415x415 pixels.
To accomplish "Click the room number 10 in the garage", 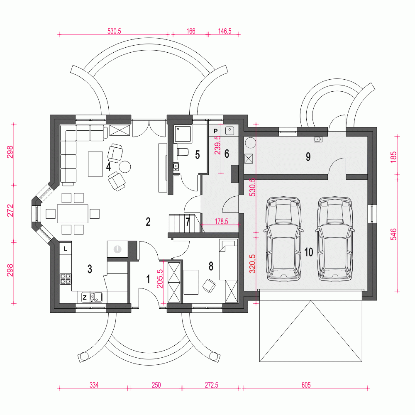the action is [x=309, y=252].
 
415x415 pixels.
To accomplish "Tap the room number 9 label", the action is [x=308, y=157].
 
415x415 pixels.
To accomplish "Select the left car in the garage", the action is [x=283, y=239].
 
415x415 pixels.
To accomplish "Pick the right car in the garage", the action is [x=335, y=239].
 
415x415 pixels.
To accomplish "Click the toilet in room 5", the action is [x=182, y=152].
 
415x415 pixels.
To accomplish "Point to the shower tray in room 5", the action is [x=182, y=134].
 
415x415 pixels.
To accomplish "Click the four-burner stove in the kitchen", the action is [x=66, y=279].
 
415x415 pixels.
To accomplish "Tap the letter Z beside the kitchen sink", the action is [x=85, y=297].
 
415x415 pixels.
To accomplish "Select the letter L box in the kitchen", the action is [x=66, y=249].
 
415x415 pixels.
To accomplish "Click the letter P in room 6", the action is [x=215, y=131].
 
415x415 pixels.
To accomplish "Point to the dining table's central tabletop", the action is [x=73, y=213].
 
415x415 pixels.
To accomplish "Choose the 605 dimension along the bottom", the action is [x=306, y=385].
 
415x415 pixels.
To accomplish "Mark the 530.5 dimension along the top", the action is [x=114, y=31].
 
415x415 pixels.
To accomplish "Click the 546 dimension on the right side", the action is [x=393, y=234].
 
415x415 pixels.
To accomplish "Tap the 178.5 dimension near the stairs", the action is [x=221, y=221].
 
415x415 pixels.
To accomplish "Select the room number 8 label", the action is [x=211, y=266].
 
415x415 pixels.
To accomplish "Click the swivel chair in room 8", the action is [x=209, y=286].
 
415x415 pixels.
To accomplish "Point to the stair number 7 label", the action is [x=188, y=222].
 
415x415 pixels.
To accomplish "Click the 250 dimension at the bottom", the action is [x=156, y=385].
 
